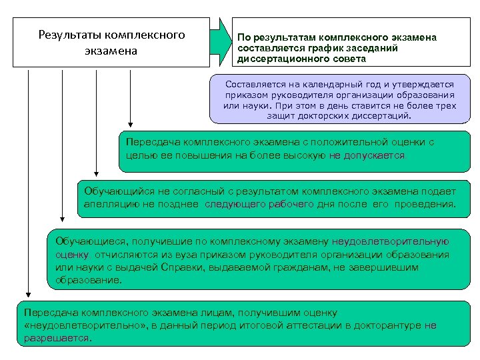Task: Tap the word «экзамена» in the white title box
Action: [111, 51]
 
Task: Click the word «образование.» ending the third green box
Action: [89, 280]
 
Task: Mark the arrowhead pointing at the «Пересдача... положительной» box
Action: [131, 124]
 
